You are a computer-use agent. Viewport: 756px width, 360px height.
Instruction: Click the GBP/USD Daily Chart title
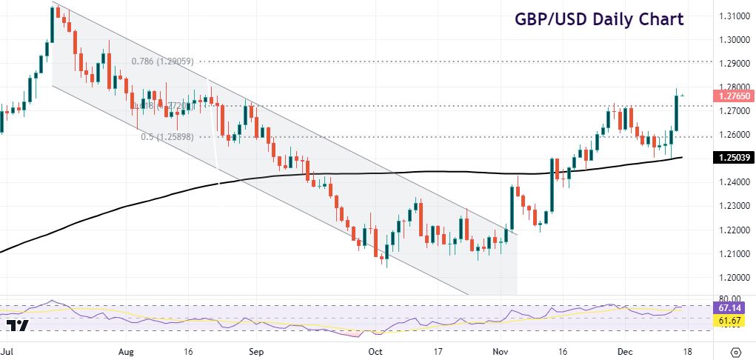[x=600, y=19]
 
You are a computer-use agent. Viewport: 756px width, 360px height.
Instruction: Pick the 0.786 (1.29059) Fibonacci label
[x=165, y=61]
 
